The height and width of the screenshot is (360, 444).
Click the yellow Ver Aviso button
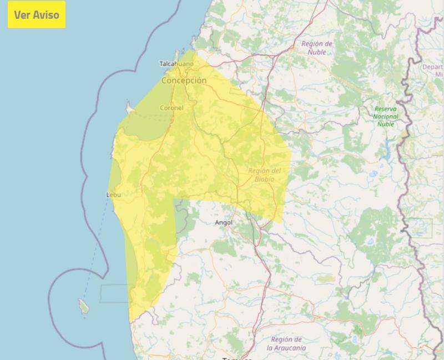[x=37, y=14]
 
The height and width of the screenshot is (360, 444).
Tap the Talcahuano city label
[x=176, y=64]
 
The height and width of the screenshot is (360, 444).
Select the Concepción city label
[x=184, y=81]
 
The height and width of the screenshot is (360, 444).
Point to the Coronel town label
[x=171, y=108]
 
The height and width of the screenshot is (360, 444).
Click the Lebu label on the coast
[x=113, y=195]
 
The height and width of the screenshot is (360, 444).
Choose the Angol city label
[x=224, y=223]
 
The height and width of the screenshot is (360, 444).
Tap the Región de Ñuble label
[x=317, y=48]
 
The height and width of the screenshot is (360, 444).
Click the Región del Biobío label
[x=265, y=174]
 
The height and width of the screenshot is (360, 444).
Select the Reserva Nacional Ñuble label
[x=386, y=117]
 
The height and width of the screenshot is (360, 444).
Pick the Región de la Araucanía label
[x=286, y=343]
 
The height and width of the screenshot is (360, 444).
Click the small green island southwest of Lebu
[x=83, y=305]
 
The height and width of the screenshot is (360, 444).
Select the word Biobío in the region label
[x=265, y=179]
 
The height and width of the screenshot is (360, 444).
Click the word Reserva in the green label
[x=386, y=109]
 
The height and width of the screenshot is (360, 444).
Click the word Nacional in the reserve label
[x=386, y=117]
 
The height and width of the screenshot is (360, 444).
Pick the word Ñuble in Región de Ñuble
[x=317, y=52]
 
